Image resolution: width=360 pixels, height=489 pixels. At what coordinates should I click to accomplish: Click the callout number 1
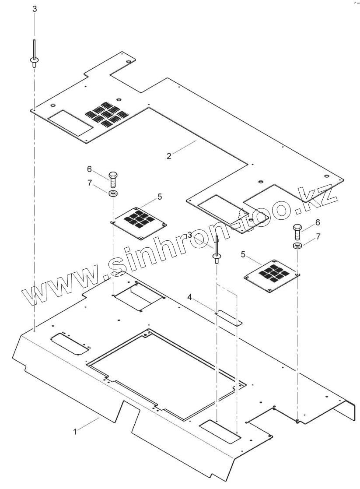(x=75, y=432)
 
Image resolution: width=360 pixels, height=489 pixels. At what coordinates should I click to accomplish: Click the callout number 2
(x=169, y=156)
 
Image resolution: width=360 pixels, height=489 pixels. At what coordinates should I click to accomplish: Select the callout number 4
(x=190, y=297)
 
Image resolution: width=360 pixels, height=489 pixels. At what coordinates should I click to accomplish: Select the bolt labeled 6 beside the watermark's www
(x=112, y=178)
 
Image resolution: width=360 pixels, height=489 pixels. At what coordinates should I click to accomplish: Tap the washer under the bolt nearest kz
(x=297, y=245)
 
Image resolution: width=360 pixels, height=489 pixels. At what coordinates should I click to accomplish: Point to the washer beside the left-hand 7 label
(x=112, y=193)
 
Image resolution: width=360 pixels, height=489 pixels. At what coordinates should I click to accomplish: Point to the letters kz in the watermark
(x=319, y=197)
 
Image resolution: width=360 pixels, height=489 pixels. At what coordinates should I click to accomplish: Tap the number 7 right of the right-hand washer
(x=318, y=236)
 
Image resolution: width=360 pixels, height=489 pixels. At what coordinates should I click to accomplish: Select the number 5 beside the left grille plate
(x=159, y=197)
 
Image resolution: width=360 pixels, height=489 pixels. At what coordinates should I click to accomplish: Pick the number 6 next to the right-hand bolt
(x=318, y=222)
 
